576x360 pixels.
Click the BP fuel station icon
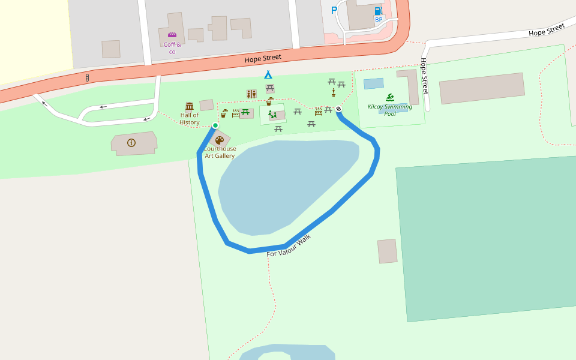coord(378,11)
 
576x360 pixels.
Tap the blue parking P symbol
coord(334,10)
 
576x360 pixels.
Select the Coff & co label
coord(172,48)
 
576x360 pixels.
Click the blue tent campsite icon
coord(268,75)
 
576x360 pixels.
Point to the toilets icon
coord(251,94)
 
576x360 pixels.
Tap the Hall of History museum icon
coord(190,106)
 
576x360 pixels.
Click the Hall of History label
coord(190,119)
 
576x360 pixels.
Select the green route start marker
coord(215,125)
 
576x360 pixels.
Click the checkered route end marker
coord(338,109)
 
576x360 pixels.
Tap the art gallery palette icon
coord(220,140)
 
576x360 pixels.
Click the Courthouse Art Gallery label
coord(220,152)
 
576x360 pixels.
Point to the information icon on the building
coord(131,143)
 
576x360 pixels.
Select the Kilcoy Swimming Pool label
coord(390,110)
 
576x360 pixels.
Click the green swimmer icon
coord(390,98)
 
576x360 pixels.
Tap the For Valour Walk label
coord(289,246)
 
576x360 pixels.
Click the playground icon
coord(273,114)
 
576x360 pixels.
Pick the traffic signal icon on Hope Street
coord(88,78)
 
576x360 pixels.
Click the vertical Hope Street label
coord(424,76)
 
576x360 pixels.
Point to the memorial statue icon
coord(334,92)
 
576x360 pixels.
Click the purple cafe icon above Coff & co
coord(172,35)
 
